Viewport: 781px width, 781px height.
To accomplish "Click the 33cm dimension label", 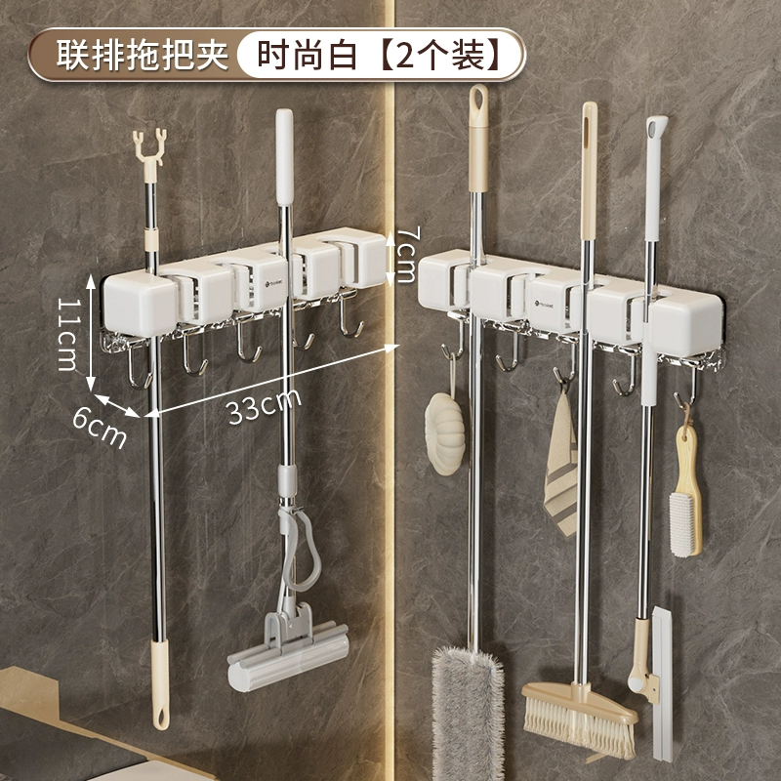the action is coord(264,405).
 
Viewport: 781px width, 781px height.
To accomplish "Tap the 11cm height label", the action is coord(68,334).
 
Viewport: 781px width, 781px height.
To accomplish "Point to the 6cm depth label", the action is coord(100,429).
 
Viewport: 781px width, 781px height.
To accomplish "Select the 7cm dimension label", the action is coord(405,254).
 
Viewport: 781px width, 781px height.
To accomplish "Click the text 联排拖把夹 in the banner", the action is coord(143,55).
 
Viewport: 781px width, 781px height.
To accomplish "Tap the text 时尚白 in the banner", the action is coord(307,55).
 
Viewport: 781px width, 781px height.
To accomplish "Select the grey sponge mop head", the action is coord(288,651).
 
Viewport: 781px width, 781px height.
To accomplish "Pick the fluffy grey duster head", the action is coord(468,714).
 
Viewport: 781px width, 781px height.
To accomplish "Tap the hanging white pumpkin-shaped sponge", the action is coord(445,433).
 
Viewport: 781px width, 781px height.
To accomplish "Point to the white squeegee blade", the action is coord(663,683).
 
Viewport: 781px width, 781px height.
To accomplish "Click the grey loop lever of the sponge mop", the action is coord(301,548).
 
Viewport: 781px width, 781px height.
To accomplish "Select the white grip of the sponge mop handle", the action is coord(284,157).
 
